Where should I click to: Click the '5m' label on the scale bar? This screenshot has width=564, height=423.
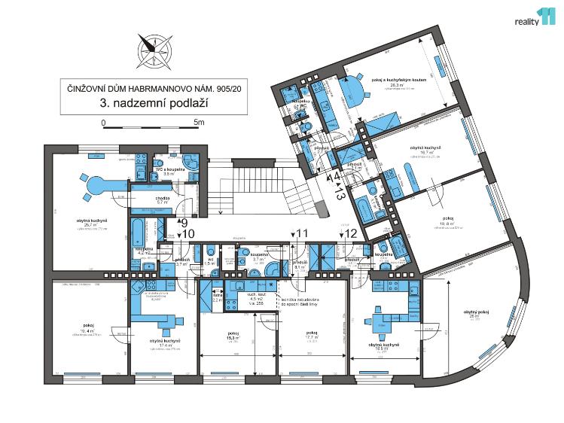(199, 120)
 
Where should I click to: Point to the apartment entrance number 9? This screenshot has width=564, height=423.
(183, 222)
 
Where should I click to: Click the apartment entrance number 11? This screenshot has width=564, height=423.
(302, 233)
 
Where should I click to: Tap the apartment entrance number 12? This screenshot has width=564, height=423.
(349, 233)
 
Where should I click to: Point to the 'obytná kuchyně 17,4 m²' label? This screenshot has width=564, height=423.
(162, 345)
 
